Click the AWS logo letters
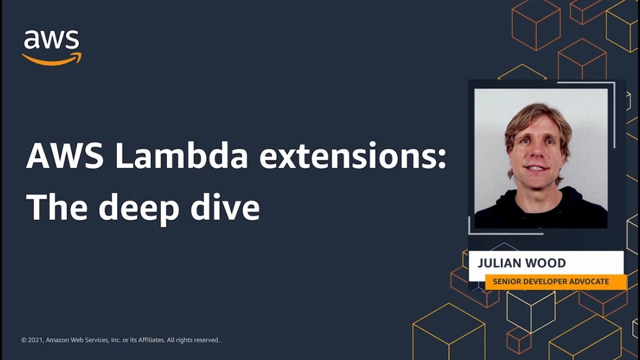[51, 40]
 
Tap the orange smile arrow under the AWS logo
[51, 59]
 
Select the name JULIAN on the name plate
[500, 263]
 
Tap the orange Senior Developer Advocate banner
[555, 281]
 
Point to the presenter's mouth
[536, 168]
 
